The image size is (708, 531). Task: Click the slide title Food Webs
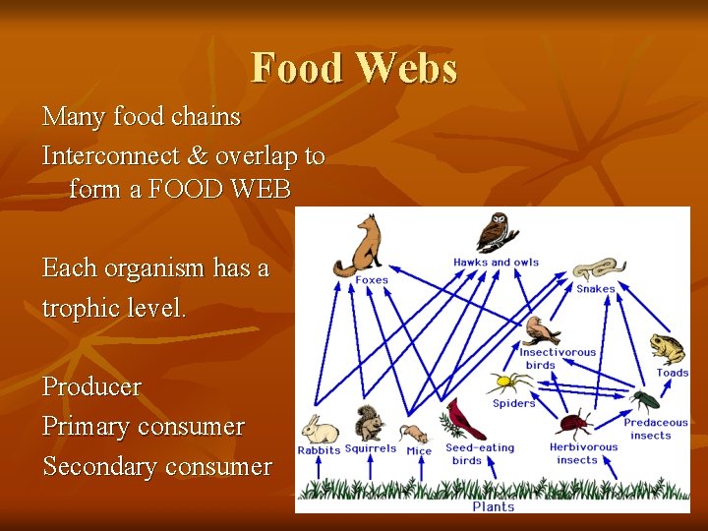(354, 69)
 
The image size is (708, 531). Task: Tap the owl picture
(497, 233)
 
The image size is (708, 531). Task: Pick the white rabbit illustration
(319, 430)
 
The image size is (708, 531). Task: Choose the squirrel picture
(370, 424)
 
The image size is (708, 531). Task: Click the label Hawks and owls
(496, 263)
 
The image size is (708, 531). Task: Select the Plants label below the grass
(493, 506)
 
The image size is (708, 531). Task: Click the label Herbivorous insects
(583, 453)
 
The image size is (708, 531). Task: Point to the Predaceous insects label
(655, 429)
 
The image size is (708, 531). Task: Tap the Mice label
(419, 451)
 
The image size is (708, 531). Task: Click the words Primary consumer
(144, 427)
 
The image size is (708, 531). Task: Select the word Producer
(91, 387)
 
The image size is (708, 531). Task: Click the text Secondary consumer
(157, 467)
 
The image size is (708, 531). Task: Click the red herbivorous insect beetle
(572, 425)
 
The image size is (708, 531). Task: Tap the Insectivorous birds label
(557, 358)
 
